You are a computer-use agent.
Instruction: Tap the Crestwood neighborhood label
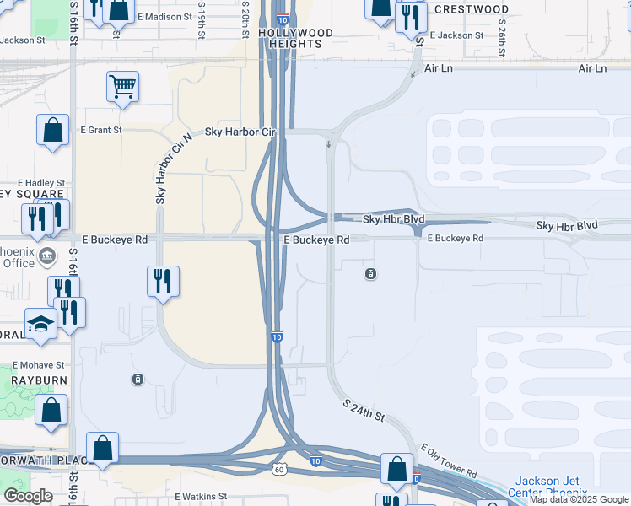[479, 10]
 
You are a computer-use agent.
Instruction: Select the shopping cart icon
[123, 86]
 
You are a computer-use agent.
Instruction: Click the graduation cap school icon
[40, 325]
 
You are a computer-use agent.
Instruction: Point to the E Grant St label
[101, 130]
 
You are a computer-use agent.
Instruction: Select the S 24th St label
[364, 412]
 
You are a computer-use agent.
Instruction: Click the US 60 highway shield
[278, 468]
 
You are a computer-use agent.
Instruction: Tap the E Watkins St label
[201, 497]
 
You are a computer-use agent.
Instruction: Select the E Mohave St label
[38, 365]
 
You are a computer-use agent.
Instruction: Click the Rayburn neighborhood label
[33, 380]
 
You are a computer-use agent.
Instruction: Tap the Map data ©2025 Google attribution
[579, 500]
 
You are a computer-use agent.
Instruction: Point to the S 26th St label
[501, 38]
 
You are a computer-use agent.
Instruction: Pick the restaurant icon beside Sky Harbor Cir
[163, 281]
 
